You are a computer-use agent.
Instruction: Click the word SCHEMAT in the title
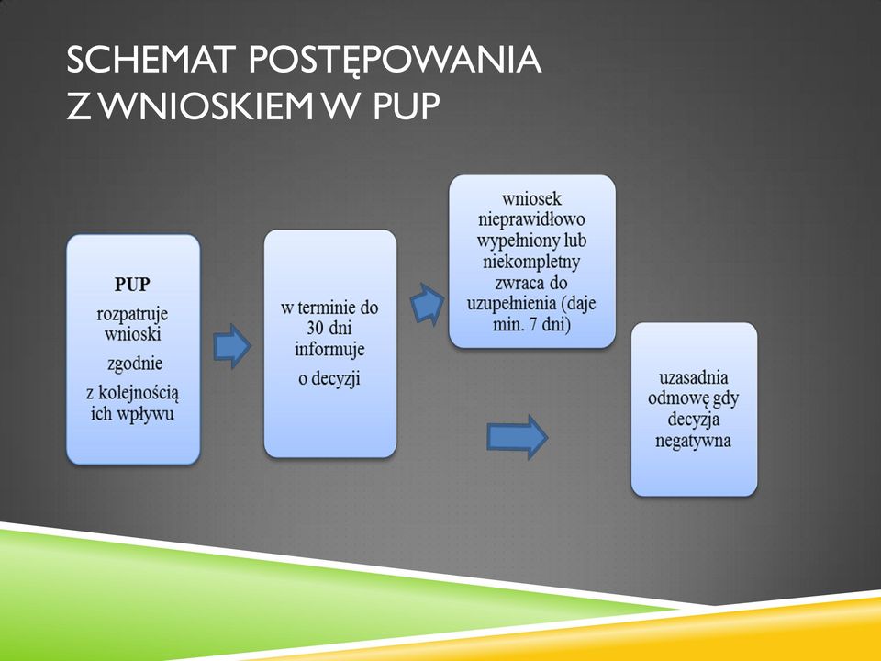(150, 59)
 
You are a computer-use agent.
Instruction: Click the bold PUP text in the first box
(132, 285)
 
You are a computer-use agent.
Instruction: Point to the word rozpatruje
(132, 315)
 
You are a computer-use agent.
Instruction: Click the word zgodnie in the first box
(135, 364)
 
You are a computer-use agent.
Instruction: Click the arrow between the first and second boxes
(232, 346)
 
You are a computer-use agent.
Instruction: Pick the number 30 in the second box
(315, 329)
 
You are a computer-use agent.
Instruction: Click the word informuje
(329, 349)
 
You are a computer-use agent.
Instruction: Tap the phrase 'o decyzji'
(329, 379)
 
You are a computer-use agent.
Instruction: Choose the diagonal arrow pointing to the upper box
(427, 305)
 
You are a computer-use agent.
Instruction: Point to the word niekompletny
(531, 262)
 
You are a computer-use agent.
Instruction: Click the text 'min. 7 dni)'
(531, 325)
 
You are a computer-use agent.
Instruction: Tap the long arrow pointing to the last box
(517, 437)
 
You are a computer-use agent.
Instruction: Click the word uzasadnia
(694, 377)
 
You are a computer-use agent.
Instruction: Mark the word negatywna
(694, 441)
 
